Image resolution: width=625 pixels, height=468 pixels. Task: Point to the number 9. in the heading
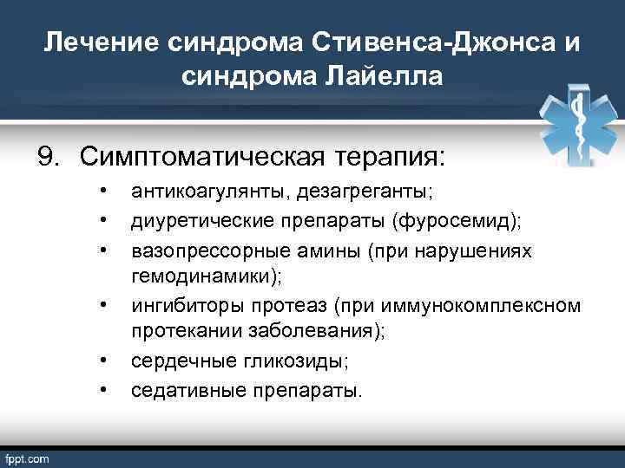pos(50,158)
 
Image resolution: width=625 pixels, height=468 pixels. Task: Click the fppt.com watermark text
pos(28,457)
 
